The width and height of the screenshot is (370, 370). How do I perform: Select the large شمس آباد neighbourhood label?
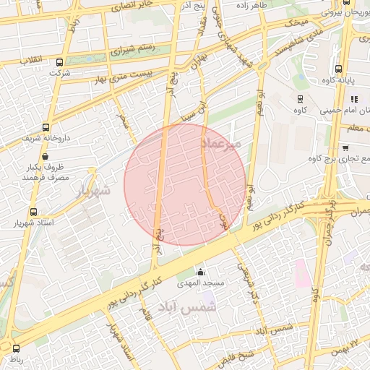point(191,308)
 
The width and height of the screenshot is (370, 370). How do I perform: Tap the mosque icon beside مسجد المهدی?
point(200,272)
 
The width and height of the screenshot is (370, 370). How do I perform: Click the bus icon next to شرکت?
point(59,62)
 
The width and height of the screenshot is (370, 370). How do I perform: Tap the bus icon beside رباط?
point(16,348)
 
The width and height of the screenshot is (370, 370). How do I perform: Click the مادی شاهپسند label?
point(292,40)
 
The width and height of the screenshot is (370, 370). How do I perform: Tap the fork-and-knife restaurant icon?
point(353,98)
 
